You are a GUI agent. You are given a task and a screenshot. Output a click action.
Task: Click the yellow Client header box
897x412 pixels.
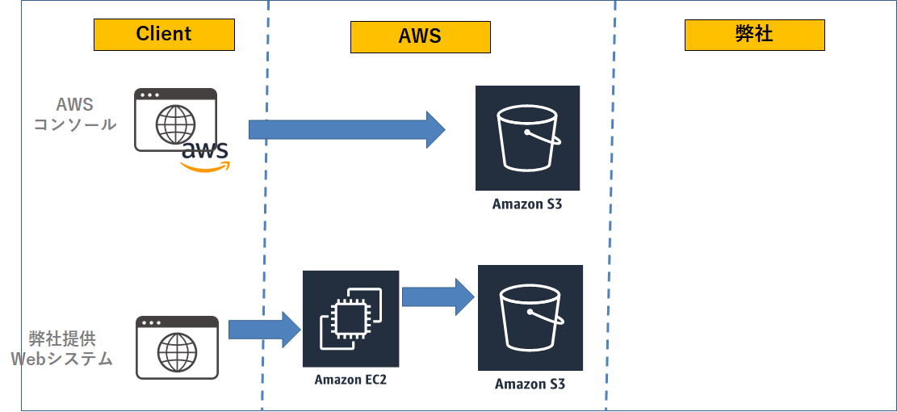point(164,35)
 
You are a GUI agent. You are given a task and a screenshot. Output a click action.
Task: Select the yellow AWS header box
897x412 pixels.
point(421,37)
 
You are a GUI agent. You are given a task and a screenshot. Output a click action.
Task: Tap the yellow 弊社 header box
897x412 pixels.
point(755,35)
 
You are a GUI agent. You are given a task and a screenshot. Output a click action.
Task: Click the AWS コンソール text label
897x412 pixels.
point(75,115)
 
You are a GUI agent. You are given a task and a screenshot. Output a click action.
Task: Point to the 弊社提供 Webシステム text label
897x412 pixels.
point(62,348)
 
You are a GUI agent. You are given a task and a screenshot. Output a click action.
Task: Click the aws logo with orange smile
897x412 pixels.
point(205,158)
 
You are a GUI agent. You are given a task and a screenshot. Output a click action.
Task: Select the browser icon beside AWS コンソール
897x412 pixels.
point(176,120)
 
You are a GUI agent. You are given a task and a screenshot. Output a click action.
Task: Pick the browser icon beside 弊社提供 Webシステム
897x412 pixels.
point(178,347)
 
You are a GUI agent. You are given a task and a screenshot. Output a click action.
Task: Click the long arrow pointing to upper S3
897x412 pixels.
point(346,130)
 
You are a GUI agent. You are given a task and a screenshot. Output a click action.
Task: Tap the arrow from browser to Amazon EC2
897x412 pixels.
point(265,330)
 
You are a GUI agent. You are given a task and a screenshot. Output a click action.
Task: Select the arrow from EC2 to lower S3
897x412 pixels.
point(438,297)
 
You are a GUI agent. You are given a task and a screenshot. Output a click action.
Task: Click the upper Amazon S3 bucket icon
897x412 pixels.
point(527,138)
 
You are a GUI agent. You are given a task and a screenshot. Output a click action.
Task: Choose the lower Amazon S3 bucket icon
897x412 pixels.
point(530,317)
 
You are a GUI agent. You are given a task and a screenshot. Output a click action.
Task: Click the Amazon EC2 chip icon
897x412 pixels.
point(350,319)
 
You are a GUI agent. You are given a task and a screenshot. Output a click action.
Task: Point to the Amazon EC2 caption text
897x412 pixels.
point(350,380)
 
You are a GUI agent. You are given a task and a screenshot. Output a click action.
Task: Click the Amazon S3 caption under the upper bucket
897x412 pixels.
point(527,204)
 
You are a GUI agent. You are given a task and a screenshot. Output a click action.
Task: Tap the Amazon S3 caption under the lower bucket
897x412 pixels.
point(530,384)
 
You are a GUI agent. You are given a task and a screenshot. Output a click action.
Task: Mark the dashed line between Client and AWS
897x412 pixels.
point(265,206)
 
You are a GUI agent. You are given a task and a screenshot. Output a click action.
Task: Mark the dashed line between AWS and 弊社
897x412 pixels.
point(611,206)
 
